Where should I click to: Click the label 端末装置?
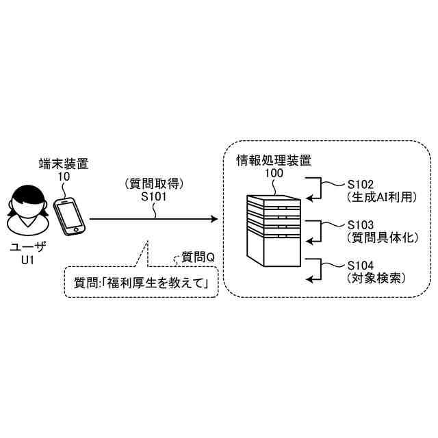pyautogui.click(x=64, y=164)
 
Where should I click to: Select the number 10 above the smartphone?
pyautogui.click(x=64, y=176)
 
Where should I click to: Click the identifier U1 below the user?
pyautogui.click(x=27, y=260)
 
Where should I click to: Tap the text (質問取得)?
pyautogui.click(x=154, y=183)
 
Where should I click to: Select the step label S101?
pyautogui.click(x=154, y=196)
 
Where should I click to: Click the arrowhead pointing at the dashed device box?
pyautogui.click(x=214, y=220)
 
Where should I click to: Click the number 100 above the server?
pyautogui.click(x=273, y=173)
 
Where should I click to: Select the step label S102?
pyautogui.click(x=361, y=184)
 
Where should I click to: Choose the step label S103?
pyautogui.click(x=361, y=224)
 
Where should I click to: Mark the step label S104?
pyautogui.click(x=361, y=265)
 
